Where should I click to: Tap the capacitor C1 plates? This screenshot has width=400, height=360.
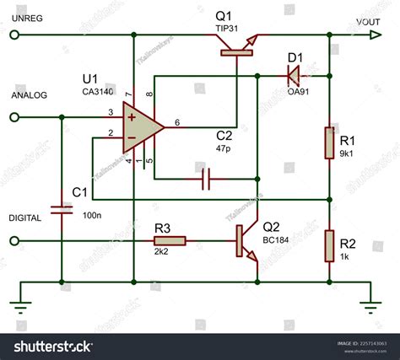(61, 209)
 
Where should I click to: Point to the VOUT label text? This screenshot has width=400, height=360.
(367, 22)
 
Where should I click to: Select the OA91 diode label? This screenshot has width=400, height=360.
(298, 90)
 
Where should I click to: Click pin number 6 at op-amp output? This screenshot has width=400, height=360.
(177, 122)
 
